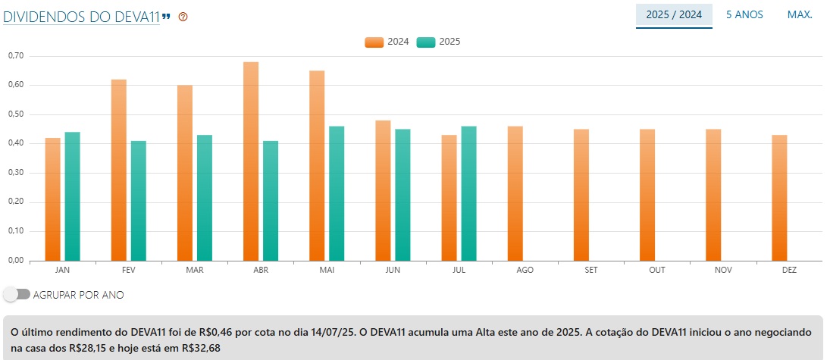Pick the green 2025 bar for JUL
(x=468, y=193)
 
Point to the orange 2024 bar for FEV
(x=119, y=170)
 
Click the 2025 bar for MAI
(x=337, y=193)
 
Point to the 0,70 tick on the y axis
(x=16, y=56)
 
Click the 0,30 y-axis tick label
(x=16, y=173)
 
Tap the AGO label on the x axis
(x=525, y=270)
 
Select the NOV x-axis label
(x=723, y=270)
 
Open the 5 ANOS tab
(x=744, y=14)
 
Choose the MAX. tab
(x=800, y=14)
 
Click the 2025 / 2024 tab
(x=674, y=14)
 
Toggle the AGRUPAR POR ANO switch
(x=17, y=294)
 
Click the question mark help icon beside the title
(x=183, y=17)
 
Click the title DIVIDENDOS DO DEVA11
(x=81, y=16)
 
